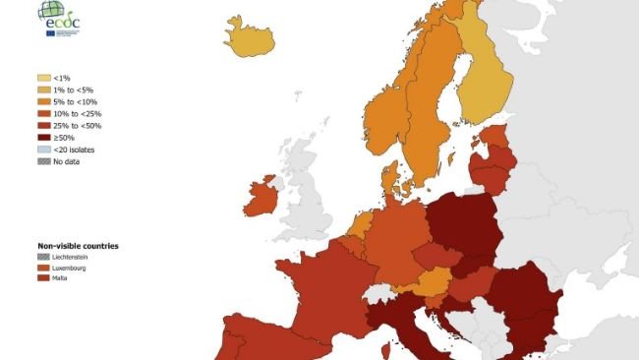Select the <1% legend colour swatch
pos(44,77)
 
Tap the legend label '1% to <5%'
pos(75,90)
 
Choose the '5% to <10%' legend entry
pos(76,101)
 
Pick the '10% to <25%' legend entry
pos(78,114)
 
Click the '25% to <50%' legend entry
pos(78,126)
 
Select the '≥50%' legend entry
pos(65,138)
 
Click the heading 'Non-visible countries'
pos(78,245)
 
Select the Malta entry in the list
pos(65,279)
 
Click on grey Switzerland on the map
pos(378,293)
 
